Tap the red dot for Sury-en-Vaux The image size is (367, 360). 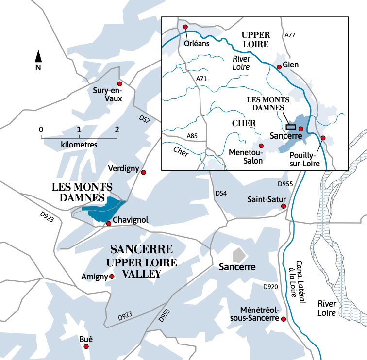click(x=120, y=84)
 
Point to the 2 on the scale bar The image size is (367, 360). click(x=117, y=130)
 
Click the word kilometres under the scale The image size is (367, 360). click(x=79, y=145)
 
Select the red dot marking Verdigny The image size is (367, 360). click(x=143, y=172)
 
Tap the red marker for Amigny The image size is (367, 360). click(x=112, y=277)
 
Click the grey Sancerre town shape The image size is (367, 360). click(x=238, y=255)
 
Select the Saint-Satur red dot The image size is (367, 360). click(x=284, y=207)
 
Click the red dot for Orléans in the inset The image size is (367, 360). click(x=185, y=27)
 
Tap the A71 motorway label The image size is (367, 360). click(x=202, y=79)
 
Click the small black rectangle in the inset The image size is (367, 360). click(x=291, y=126)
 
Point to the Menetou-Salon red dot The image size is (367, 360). click(x=261, y=146)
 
